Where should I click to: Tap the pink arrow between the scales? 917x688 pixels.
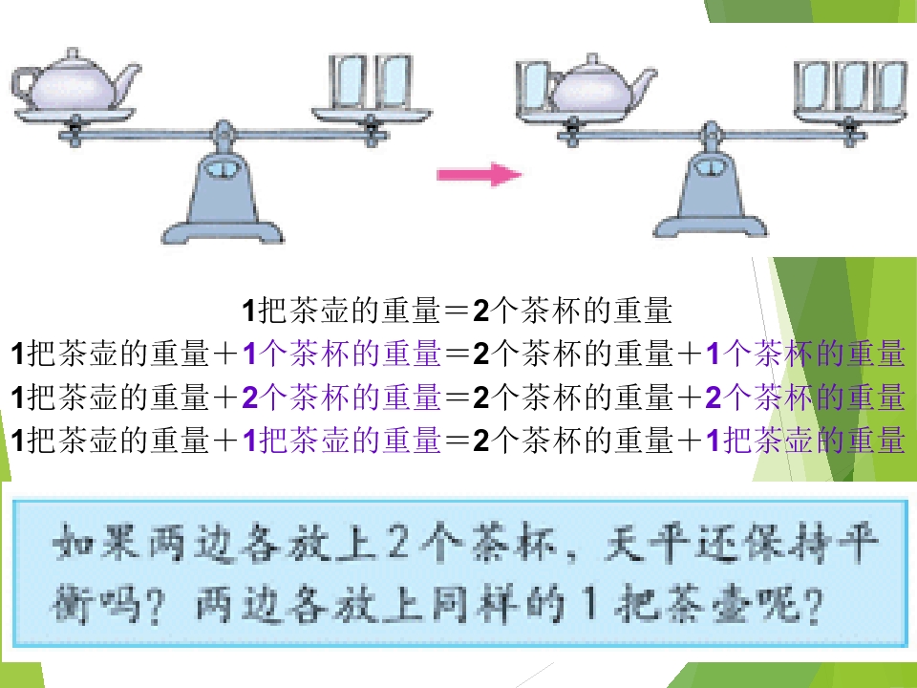click(480, 174)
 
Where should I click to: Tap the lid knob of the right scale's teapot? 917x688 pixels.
click(592, 58)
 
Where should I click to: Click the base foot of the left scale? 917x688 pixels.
click(223, 231)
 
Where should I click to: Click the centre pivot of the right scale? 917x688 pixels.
click(711, 135)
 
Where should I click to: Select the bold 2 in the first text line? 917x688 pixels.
click(480, 311)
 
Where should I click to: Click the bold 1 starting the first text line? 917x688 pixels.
click(248, 311)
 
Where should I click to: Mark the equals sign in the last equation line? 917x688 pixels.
click(457, 441)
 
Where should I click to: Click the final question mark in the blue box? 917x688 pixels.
click(812, 605)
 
